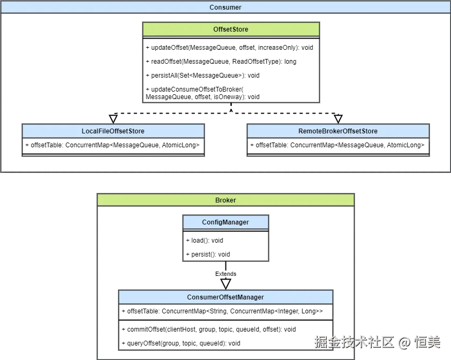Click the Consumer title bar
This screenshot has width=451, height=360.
pyautogui.click(x=225, y=7)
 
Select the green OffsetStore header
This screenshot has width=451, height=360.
pyautogui.click(x=231, y=29)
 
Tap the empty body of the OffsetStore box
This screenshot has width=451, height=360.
pyautogui.click(x=231, y=67)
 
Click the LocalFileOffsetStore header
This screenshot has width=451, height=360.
pyautogui.click(x=113, y=131)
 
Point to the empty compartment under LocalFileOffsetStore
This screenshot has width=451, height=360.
pyautogui.click(x=113, y=147)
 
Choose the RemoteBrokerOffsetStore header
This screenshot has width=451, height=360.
pyautogui.click(x=337, y=131)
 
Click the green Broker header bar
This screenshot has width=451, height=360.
pyautogui.click(x=225, y=200)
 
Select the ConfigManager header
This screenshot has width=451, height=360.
pyautogui.click(x=225, y=222)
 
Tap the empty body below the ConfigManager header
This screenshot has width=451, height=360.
pyautogui.click(x=225, y=245)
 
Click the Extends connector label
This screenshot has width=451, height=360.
pyautogui.click(x=225, y=274)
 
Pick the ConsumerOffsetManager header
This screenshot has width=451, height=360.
pyautogui.click(x=225, y=297)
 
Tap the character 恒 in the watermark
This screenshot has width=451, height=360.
pyautogui.click(x=420, y=342)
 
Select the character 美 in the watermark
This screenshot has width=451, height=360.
pyautogui.click(x=434, y=342)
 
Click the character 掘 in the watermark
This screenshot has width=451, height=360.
pyautogui.click(x=320, y=342)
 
